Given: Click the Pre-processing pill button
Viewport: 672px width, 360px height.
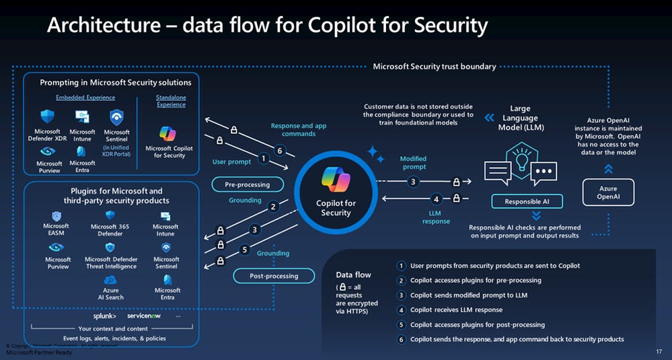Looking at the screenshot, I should [247, 184].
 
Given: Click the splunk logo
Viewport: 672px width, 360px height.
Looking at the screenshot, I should [104, 316].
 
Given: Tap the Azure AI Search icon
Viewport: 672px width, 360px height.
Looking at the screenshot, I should [111, 280].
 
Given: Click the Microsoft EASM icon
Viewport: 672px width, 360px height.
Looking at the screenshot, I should [57, 216].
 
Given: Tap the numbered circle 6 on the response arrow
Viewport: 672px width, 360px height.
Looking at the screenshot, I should [280, 149].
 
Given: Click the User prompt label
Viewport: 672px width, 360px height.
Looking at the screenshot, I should [231, 161].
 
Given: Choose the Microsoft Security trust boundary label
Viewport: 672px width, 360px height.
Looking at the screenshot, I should [435, 66].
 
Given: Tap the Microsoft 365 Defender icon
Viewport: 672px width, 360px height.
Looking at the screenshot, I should [110, 216].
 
